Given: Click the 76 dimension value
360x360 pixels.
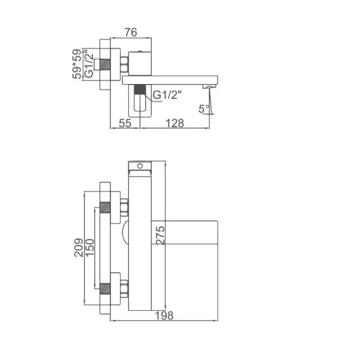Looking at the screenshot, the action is [131, 32].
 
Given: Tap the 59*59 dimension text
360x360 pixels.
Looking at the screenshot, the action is [77, 64].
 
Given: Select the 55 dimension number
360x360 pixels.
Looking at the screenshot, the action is [125, 123].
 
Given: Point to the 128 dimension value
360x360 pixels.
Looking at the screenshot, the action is [175, 123].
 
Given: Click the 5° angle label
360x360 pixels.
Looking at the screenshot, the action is [204, 109].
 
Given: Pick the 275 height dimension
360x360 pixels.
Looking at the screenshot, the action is [160, 235].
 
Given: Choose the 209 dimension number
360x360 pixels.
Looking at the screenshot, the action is [79, 247].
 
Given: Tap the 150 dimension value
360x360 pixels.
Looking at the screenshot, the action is [90, 247].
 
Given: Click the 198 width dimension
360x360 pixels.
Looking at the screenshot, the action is [164, 316].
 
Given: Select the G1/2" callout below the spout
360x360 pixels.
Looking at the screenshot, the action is [167, 95].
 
